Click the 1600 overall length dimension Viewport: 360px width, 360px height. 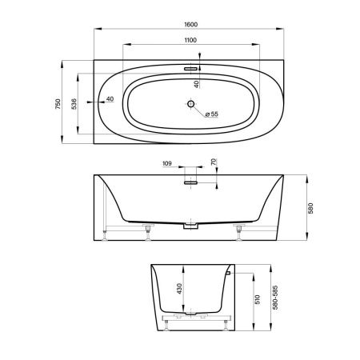190,25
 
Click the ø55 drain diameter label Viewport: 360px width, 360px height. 211,114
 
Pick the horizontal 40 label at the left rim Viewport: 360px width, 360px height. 109,98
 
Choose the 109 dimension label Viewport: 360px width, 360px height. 166,164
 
